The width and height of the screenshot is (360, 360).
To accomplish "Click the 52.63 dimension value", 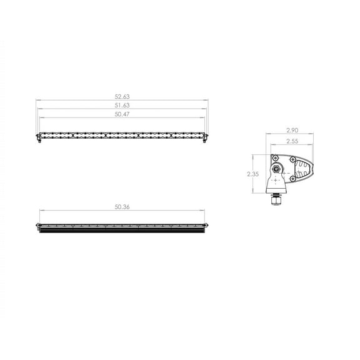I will tap(122, 97).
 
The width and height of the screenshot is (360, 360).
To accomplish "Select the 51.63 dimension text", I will tap(122, 106).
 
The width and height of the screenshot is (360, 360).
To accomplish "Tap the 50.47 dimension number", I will tap(122, 114).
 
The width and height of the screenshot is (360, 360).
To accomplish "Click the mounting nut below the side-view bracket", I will tap(276, 200).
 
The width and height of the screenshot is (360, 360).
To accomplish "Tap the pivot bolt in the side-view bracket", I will tap(276, 168).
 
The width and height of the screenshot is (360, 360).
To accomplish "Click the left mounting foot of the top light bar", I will tap(39, 139).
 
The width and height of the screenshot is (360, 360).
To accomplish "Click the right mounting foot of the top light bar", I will tap(205, 139).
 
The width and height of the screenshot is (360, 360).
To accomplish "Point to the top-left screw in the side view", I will tap(274, 158).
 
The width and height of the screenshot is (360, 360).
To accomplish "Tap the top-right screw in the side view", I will tap(292, 158).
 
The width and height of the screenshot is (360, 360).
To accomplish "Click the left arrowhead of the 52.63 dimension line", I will tap(37, 100).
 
